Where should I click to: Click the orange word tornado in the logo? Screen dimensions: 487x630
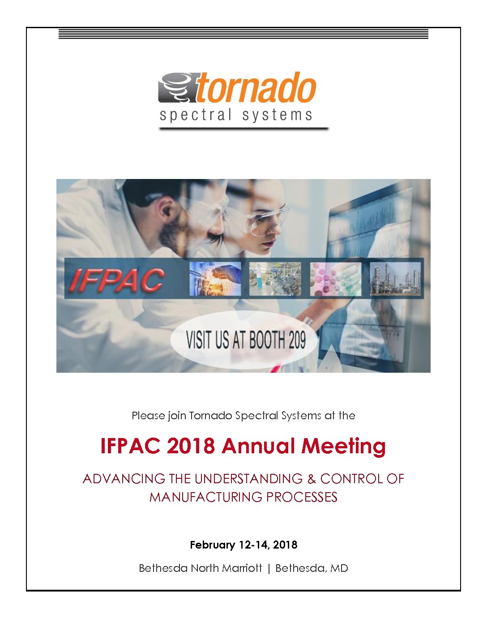(x=256, y=87)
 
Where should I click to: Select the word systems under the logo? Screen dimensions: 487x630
(x=277, y=115)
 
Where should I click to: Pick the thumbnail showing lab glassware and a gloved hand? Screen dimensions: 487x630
(x=215, y=279)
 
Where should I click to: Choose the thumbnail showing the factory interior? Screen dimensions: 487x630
(x=275, y=279)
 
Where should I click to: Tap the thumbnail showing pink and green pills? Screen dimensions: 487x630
(x=336, y=279)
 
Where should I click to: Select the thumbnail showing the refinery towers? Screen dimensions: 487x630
(x=395, y=279)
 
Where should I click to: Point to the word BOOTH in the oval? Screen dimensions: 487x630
(x=263, y=340)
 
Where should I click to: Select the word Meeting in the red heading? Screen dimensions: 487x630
(x=344, y=447)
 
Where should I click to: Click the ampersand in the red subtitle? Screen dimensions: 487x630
(x=312, y=479)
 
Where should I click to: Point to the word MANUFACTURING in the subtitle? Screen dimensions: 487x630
(x=205, y=497)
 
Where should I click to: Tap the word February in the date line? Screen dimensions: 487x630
(x=212, y=545)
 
